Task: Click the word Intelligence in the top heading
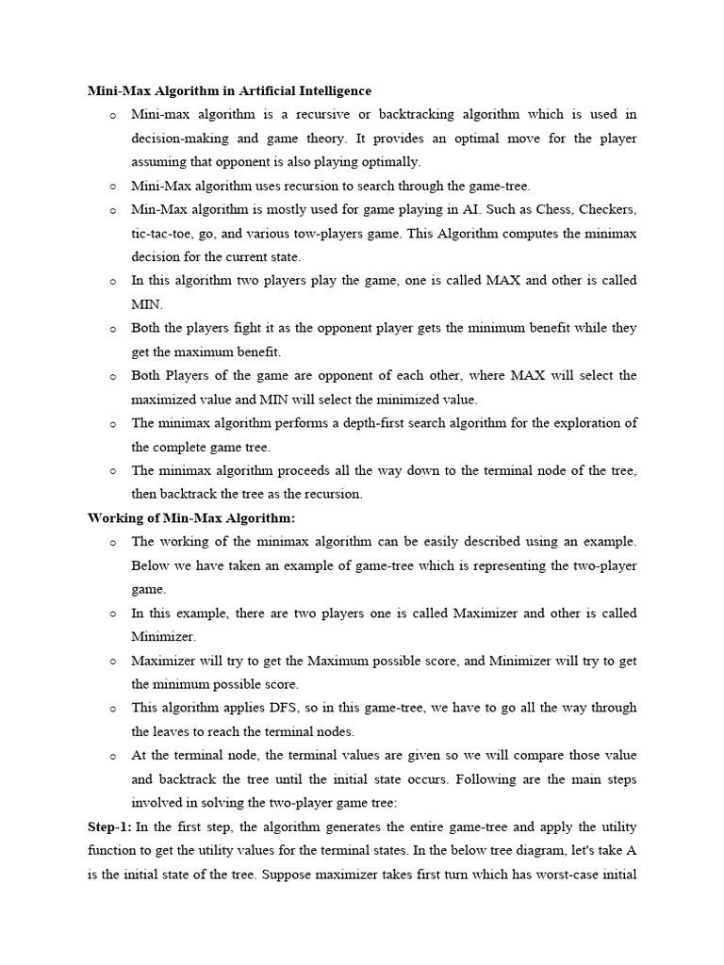tap(332, 90)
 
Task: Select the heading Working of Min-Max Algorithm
tap(191, 517)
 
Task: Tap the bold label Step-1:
tap(109, 826)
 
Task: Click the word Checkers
tap(608, 209)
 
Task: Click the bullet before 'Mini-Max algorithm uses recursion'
tap(112, 187)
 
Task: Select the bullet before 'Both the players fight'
tap(112, 329)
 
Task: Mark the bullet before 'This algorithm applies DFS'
tap(112, 708)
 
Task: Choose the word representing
tap(527, 565)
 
